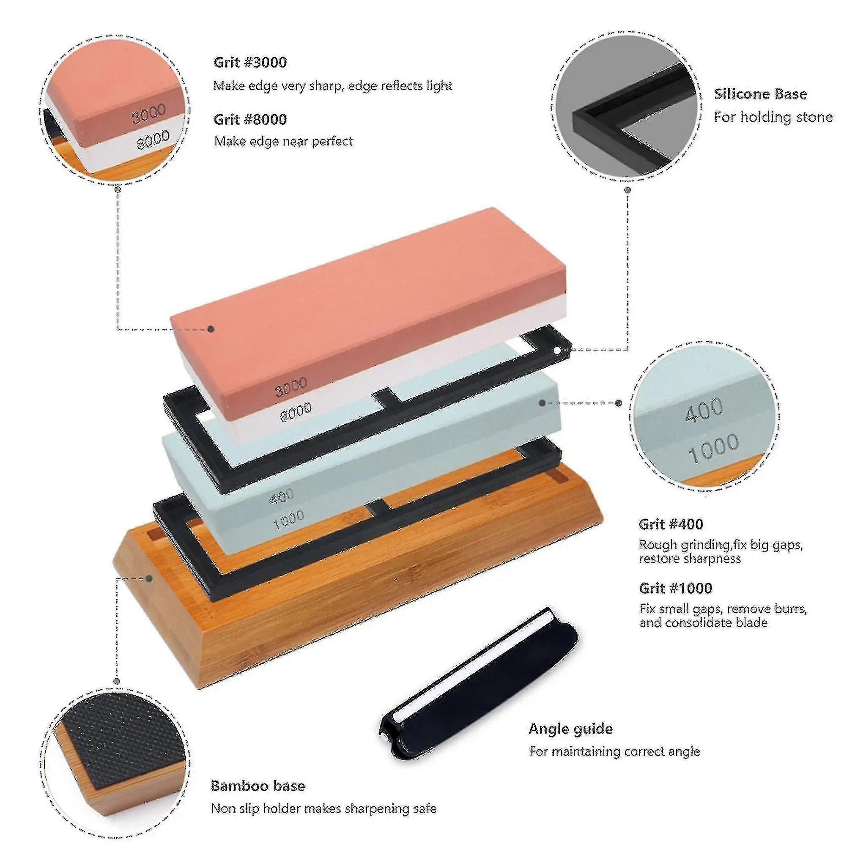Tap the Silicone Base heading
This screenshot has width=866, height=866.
pos(760,94)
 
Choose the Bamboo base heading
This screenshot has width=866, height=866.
pos(258,785)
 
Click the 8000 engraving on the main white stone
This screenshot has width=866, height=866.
pos(296,411)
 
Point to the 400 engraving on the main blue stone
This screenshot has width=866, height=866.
pos(282,496)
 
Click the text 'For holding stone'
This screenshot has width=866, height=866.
pos(773,118)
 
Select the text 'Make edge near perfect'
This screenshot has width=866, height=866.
pos(283,141)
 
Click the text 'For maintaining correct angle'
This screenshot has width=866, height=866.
pos(614,752)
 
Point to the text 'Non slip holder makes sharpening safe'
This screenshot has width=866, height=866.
pos(323,808)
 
